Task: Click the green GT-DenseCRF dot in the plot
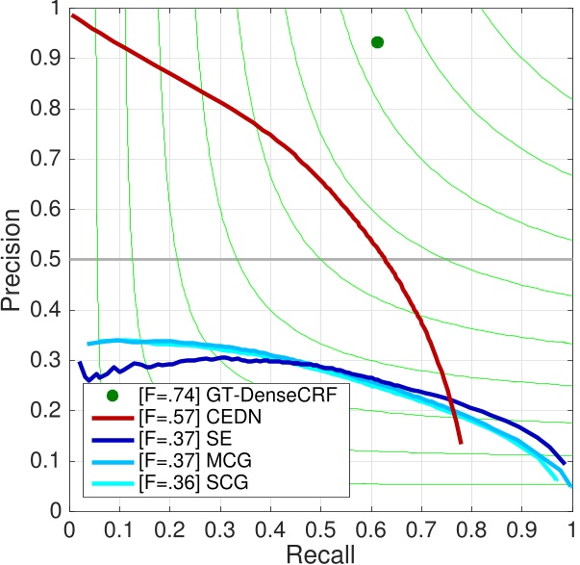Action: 377,42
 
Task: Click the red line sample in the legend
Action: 113,417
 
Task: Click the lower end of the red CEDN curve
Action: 461,441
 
